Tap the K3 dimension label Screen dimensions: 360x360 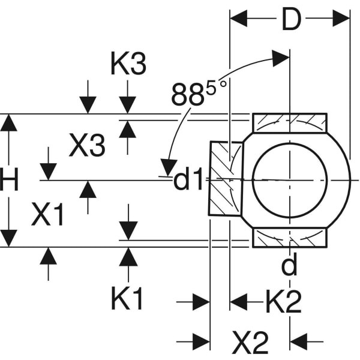coord(128,64)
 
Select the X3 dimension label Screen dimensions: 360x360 coord(87,145)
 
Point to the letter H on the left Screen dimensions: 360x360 coord(9,180)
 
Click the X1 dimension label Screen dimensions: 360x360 coord(48,214)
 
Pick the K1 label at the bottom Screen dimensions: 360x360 coord(127,298)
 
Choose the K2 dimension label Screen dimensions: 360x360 coord(283,303)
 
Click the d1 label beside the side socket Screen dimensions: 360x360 coord(188,180)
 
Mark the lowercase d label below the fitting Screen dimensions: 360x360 coord(289,266)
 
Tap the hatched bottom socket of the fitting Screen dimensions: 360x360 coord(289,238)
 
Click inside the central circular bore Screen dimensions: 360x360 coord(290,179)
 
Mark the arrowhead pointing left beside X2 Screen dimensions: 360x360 coord(299,342)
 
